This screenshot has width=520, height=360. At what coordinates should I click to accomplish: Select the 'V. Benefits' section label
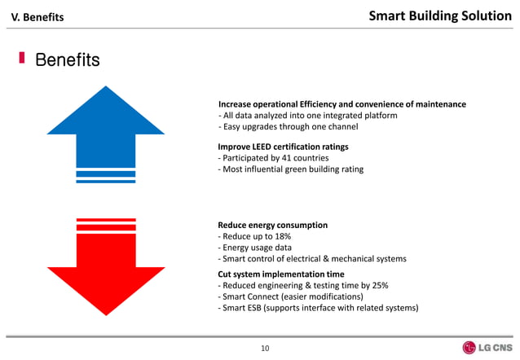point(36,16)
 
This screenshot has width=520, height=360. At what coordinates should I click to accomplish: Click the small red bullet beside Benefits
point(23,59)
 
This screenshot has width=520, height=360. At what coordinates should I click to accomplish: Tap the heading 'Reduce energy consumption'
point(272,225)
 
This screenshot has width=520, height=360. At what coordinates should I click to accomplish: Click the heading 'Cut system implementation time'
point(280,274)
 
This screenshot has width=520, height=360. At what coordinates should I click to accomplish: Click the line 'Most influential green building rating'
point(290,169)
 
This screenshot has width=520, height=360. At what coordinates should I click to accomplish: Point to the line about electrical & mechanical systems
point(311,259)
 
